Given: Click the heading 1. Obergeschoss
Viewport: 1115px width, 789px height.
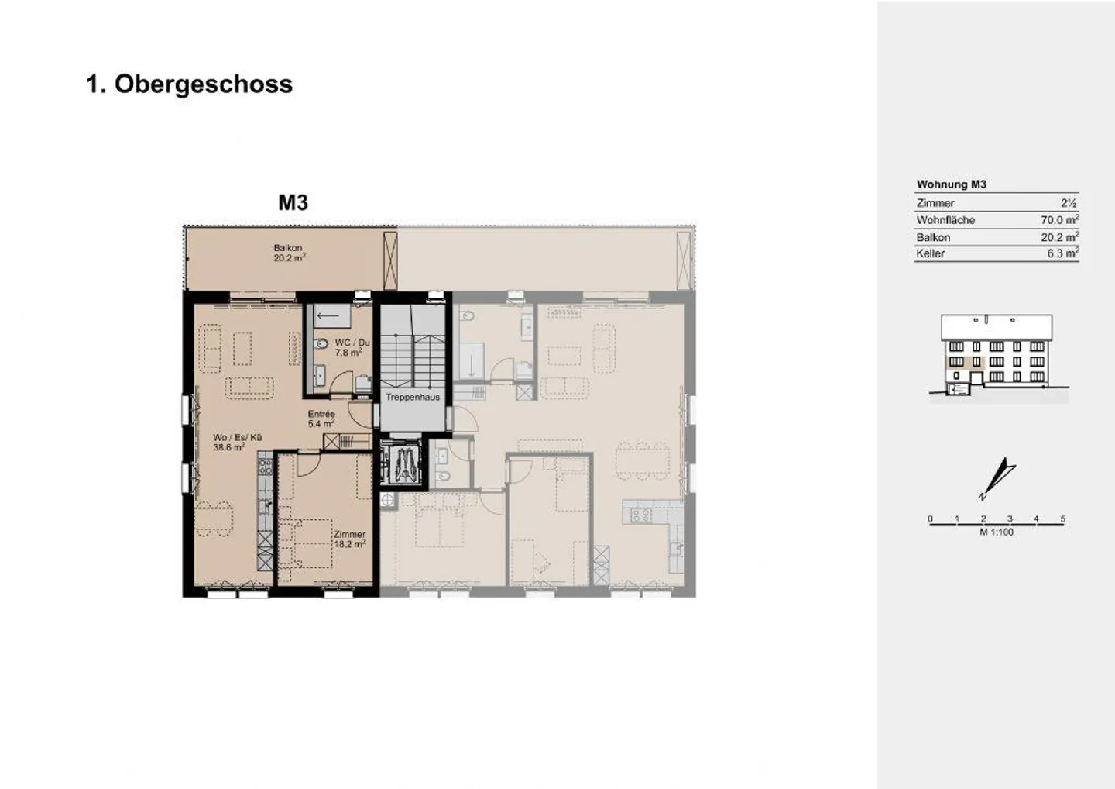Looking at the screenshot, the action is (189, 84).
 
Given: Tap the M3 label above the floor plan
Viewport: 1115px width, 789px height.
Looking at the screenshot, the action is (293, 203).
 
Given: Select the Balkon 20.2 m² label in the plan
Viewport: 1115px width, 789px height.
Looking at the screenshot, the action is (290, 253).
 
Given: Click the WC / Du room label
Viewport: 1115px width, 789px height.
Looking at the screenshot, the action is (352, 343).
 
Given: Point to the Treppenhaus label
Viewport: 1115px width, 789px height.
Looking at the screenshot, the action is (413, 398).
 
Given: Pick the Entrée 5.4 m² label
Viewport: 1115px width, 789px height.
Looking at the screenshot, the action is (321, 419).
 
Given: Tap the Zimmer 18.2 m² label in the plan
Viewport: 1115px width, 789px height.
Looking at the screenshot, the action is (349, 539).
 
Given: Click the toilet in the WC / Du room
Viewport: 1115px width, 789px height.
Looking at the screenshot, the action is (321, 343).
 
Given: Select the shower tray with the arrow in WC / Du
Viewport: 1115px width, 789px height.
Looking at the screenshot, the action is (332, 315).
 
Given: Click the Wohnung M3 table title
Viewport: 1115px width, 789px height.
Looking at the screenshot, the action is (951, 184).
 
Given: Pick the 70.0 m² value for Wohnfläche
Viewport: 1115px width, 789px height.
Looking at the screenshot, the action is (1060, 219).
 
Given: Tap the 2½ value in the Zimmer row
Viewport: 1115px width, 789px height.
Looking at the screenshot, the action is (1069, 203).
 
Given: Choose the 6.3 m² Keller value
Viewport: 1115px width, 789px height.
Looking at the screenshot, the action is (1062, 253).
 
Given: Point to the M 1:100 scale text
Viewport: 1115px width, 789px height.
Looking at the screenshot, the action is (997, 532).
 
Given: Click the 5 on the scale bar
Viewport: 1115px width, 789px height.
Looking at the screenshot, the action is (1062, 519).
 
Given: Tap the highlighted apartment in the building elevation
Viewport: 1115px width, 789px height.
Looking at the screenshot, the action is (965, 363).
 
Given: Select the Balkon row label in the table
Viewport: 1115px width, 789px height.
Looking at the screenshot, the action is (933, 238).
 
